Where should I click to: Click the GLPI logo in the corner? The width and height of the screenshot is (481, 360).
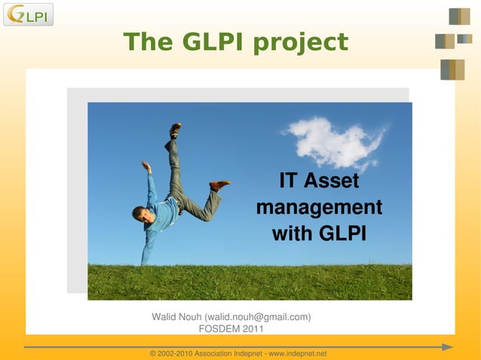click(28, 14)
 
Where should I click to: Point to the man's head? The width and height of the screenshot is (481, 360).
click(142, 215)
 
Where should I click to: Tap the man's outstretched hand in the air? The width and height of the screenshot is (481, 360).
click(146, 166)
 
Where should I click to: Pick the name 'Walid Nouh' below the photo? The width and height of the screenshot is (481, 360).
click(177, 317)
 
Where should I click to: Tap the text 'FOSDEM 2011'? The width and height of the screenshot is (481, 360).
click(231, 329)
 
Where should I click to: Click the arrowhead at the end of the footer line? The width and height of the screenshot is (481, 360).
click(447, 347)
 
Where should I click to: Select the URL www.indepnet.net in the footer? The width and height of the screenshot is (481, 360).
click(298, 354)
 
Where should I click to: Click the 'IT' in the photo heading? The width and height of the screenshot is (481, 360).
click(287, 182)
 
